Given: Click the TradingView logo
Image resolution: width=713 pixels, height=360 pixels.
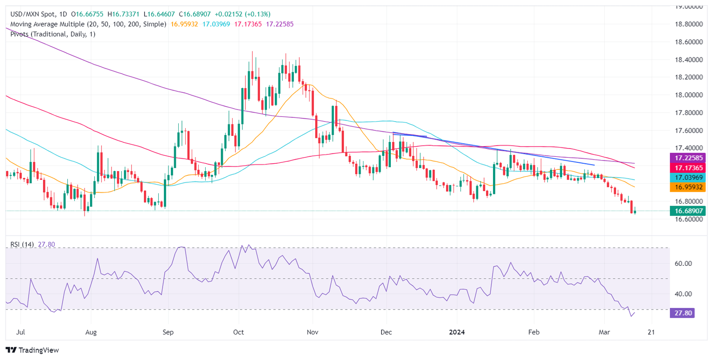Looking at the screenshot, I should click(32, 350).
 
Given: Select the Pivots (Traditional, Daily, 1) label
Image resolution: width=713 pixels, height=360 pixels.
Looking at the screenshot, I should click(51, 34).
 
